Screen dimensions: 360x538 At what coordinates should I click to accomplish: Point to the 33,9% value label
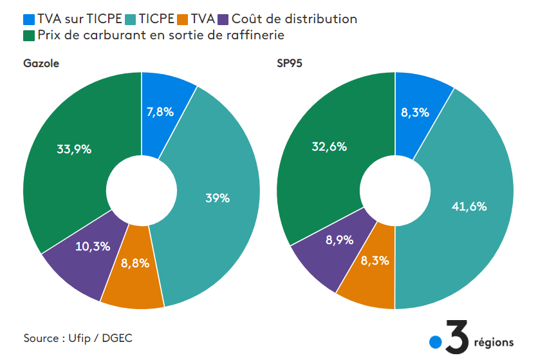74,149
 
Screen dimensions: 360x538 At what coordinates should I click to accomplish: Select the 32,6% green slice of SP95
329,146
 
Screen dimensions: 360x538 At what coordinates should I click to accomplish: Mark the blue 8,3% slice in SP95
415,112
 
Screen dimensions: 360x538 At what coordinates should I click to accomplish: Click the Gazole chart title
41,64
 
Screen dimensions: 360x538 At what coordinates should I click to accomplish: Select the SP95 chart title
290,64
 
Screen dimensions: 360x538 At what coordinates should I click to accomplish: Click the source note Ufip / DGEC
79,338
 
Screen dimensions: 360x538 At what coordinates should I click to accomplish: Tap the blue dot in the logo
436,342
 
